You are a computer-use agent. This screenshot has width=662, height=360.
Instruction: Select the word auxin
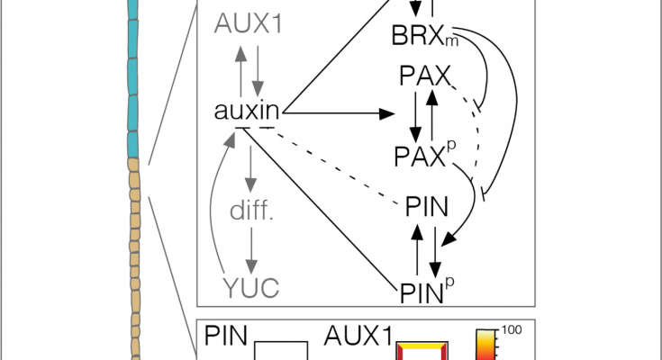click(249, 112)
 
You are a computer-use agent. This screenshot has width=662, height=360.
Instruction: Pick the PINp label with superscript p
click(422, 289)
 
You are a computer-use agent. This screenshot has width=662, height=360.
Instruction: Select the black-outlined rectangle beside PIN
click(282, 351)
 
